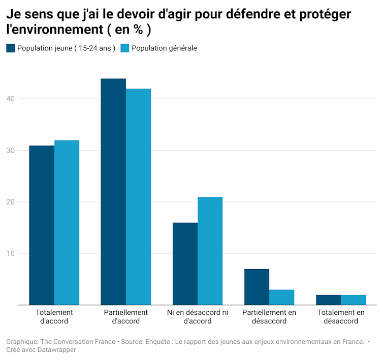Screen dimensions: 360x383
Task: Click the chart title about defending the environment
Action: coord(178,22)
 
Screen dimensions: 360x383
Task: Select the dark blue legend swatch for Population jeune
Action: coord(11,48)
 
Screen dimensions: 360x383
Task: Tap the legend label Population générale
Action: coord(164,48)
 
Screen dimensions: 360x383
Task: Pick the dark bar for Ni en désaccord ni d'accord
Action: coord(185,264)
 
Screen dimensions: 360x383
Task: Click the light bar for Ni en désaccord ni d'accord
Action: coord(210,251)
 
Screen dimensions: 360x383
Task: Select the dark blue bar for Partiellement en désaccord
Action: coord(257,287)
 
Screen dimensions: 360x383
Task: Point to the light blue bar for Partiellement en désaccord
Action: coord(281,297)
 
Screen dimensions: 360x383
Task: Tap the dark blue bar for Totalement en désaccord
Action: coord(328,300)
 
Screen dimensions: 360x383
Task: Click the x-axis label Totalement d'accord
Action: coord(54,316)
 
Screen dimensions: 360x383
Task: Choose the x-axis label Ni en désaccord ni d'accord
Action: coord(198,316)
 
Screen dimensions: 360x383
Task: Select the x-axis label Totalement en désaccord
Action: coord(341,316)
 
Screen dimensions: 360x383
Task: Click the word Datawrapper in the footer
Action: coord(52,350)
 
